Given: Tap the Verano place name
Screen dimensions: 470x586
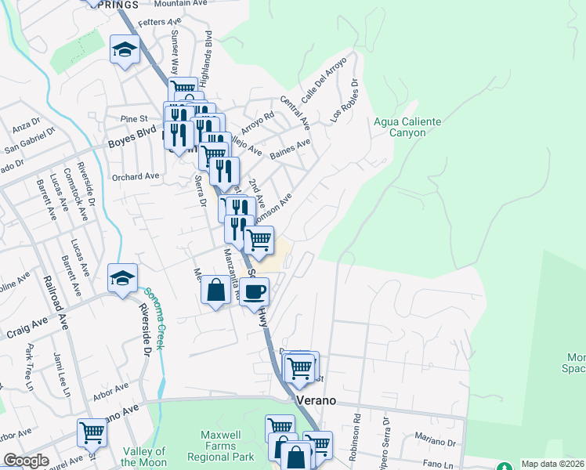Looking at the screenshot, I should point(317,400).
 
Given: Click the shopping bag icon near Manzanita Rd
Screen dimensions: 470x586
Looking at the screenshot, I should point(216,291).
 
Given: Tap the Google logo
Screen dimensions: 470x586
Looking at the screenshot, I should point(25,461).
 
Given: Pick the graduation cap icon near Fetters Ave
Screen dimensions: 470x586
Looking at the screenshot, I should point(125,51).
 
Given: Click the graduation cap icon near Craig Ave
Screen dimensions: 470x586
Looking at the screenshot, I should point(123,279).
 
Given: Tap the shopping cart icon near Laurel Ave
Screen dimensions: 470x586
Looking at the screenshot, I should point(92,432).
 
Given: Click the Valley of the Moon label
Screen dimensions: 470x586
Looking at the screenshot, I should point(144,456).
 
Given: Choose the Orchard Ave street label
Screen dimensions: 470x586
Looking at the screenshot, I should point(136,177).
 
